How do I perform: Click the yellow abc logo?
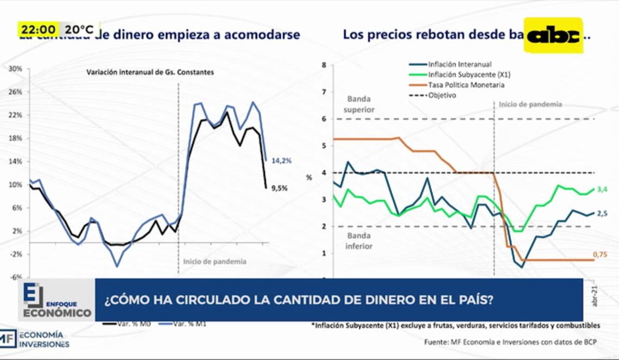553,35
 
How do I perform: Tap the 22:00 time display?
37,29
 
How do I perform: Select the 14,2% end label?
281,161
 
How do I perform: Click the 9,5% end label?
280,188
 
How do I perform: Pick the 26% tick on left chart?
15,92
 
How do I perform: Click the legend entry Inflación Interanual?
459,65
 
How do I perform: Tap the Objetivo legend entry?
441,96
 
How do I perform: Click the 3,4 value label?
602,190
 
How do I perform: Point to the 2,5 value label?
602,214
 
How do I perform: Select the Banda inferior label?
359,241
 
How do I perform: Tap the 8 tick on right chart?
324,65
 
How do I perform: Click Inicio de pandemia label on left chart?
214,262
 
